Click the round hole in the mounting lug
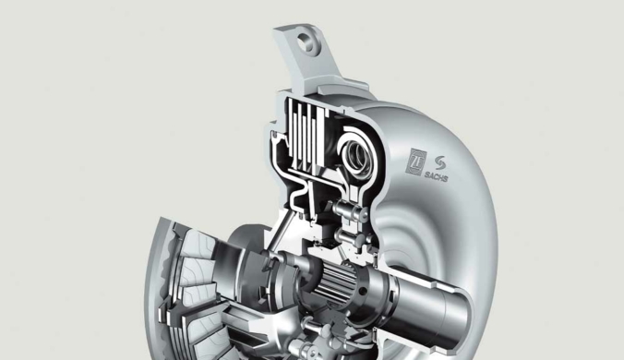(306, 42)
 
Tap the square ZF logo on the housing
(415, 162)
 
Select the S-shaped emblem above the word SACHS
(440, 162)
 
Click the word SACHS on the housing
(436, 175)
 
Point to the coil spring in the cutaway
(357, 155)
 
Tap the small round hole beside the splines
(363, 291)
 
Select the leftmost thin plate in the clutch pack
(290, 130)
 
